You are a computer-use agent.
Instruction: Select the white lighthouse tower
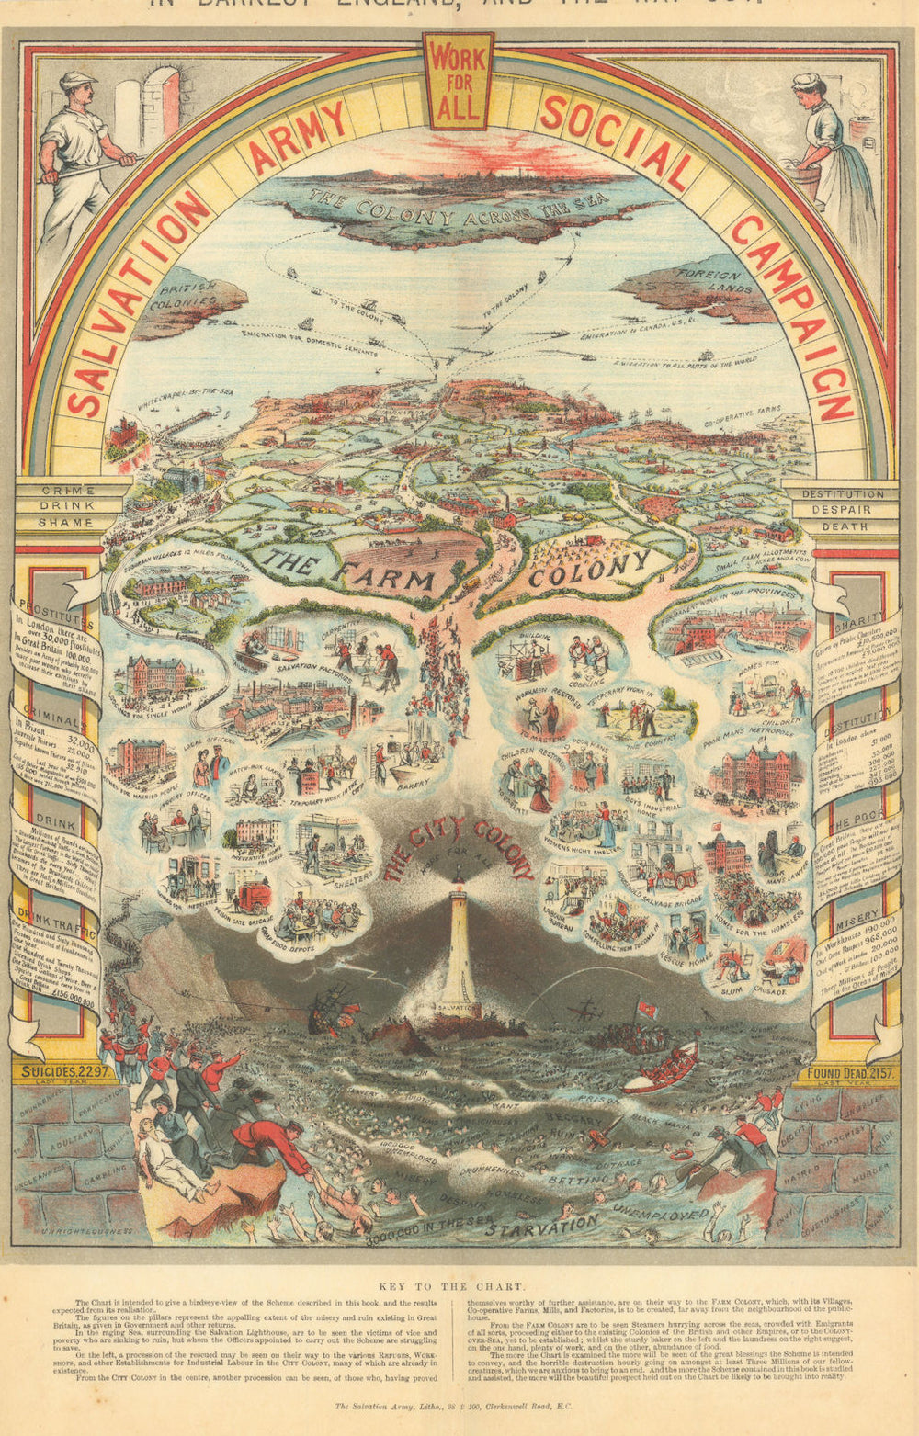tap(457, 946)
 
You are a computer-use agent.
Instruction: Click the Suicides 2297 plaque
tap(66, 1070)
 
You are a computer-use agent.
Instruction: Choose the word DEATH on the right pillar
tap(844, 526)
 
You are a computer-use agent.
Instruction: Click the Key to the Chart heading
tap(457, 1287)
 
